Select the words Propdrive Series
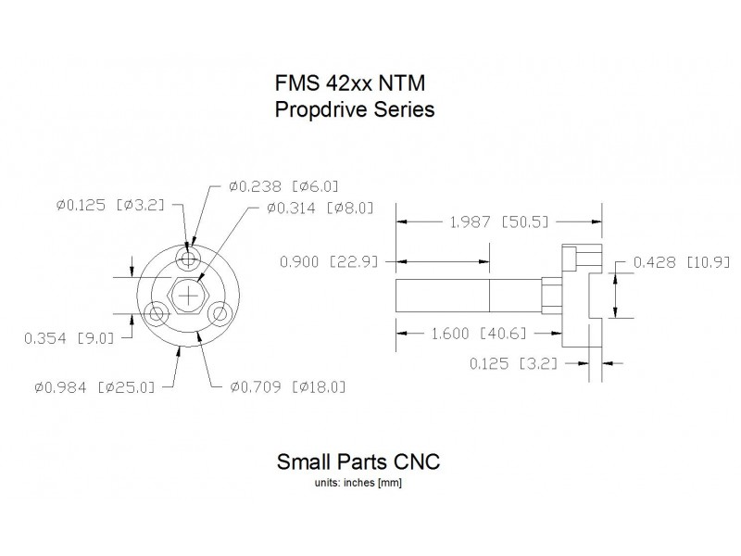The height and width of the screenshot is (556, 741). [x=356, y=109]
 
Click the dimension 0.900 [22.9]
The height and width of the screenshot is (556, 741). [x=329, y=262]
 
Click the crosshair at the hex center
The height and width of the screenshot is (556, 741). [x=189, y=296]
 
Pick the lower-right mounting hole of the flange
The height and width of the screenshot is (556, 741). [x=220, y=314]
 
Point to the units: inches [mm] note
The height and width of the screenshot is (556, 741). [x=358, y=482]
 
